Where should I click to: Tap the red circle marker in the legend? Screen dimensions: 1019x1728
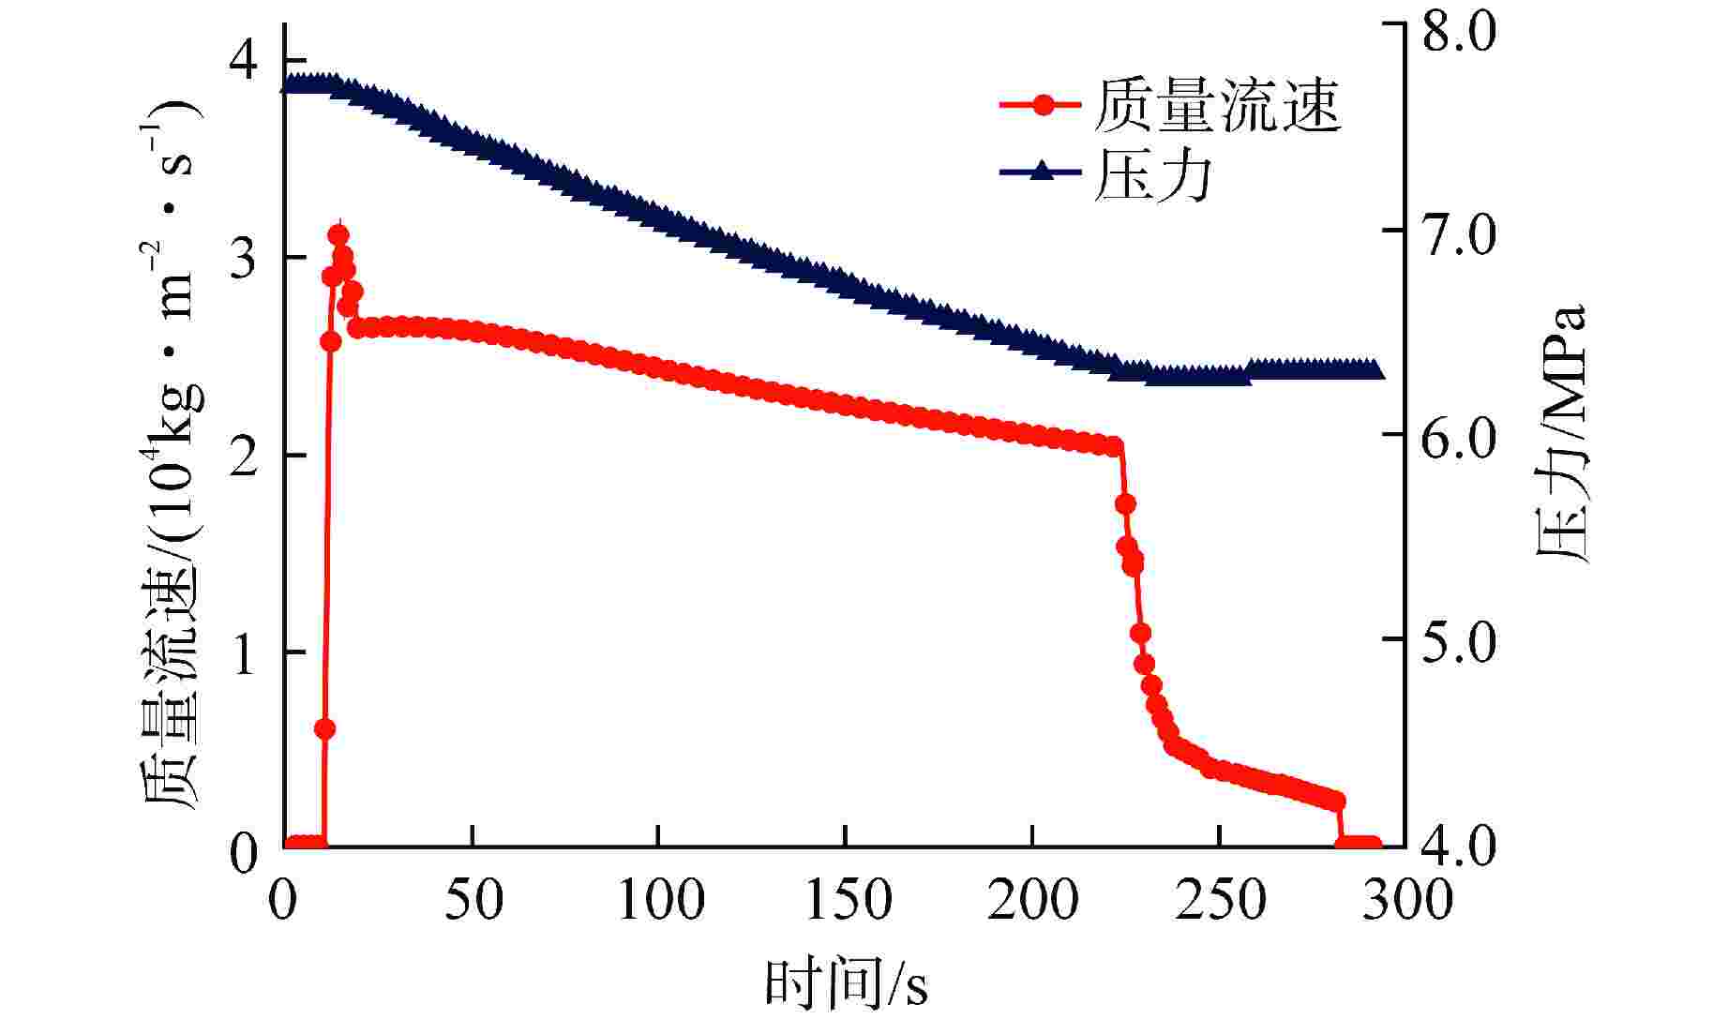1043,104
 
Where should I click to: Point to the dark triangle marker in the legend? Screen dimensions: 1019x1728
1043,172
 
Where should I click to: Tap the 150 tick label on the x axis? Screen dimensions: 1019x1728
847,899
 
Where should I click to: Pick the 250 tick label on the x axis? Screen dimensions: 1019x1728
1221,899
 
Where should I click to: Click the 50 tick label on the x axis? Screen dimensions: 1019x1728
473,899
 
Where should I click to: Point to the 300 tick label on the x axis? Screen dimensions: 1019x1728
1406,899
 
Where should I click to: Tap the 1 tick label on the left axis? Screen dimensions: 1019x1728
244,653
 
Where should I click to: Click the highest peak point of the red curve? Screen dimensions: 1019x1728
338,234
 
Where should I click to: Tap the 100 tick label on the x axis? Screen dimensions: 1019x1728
660,899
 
